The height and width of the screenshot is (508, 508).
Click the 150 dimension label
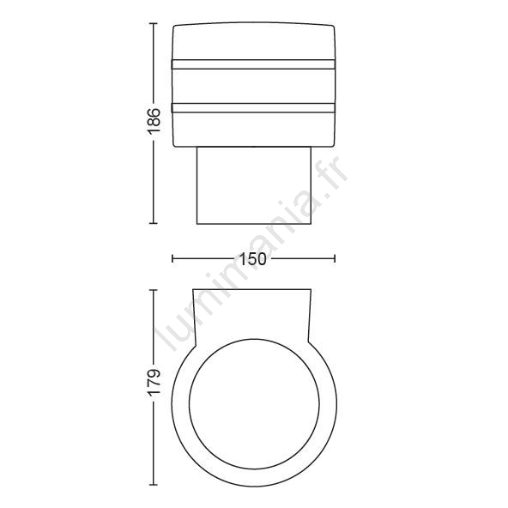tap(253, 259)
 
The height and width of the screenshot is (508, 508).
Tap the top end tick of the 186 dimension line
tap(154, 24)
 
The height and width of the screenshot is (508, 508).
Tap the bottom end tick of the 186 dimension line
tap(154, 223)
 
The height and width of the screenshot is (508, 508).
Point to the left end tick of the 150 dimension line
tap(172, 258)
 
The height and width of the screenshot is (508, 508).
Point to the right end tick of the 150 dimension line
tap(335, 258)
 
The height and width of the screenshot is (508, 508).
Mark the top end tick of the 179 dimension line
tap(154, 290)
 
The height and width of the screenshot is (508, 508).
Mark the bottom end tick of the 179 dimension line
tap(154, 485)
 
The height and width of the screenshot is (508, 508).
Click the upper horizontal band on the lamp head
tap(253, 64)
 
